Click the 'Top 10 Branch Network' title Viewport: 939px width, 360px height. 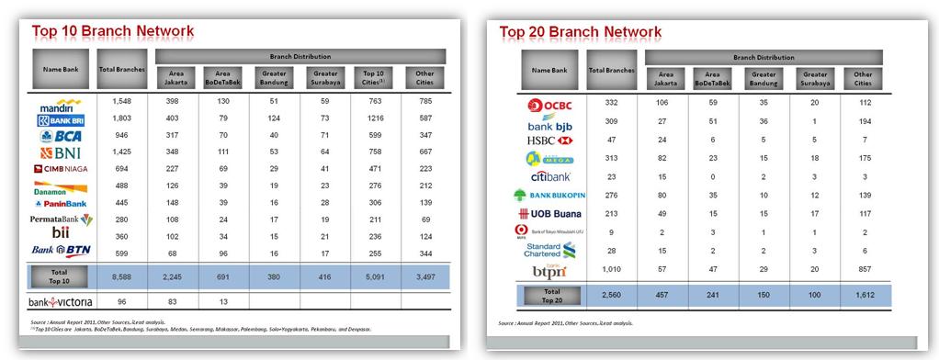(x=113, y=31)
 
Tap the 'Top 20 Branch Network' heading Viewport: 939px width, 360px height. (x=581, y=31)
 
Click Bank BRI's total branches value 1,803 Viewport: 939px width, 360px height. (x=122, y=118)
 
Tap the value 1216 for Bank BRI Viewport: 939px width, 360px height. (x=374, y=118)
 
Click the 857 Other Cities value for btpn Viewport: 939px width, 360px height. (x=863, y=268)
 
